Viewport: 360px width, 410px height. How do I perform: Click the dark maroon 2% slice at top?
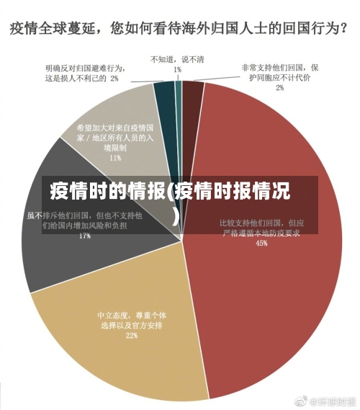[x=191, y=94]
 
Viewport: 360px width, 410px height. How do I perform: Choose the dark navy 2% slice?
[x=165, y=94]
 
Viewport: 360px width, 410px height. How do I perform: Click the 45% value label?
[x=261, y=243]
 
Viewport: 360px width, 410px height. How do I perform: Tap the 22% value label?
[x=131, y=335]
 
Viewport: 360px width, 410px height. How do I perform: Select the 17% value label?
[x=84, y=235]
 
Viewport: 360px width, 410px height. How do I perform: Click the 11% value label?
[x=115, y=156]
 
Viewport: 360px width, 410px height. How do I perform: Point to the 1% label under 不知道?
[x=177, y=69]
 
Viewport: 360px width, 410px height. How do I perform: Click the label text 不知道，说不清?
[x=177, y=59]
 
